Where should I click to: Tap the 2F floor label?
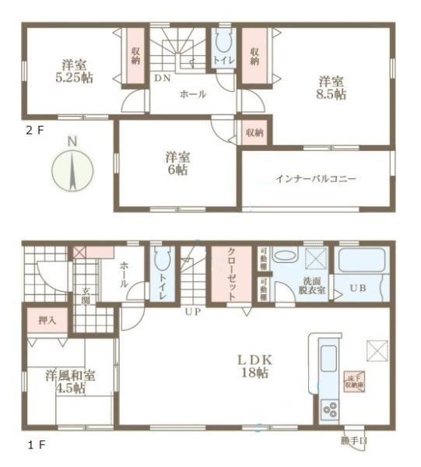[31, 130]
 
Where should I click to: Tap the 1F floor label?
[29, 445]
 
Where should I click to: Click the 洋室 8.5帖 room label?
[331, 86]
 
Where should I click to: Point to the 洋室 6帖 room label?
[177, 162]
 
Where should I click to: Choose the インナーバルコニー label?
[315, 179]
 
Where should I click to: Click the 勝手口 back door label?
[354, 441]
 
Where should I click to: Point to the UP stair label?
[190, 312]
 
